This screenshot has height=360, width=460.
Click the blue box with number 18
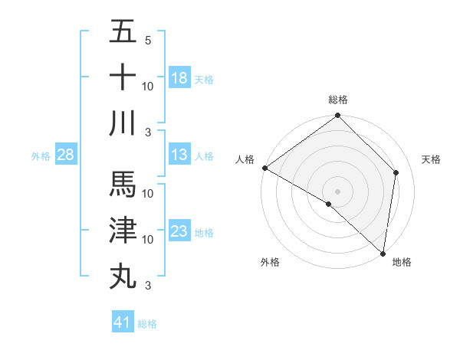[179, 77]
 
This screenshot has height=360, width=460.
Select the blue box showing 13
[179, 155]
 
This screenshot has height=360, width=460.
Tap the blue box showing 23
[179, 231]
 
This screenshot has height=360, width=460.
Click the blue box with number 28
[65, 155]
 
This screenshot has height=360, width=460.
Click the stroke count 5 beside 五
[148, 40]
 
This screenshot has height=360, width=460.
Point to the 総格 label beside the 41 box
[147, 324]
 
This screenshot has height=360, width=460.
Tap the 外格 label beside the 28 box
[41, 156]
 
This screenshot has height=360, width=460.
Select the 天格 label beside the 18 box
[204, 79]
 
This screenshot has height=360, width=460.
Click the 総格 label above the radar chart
[338, 100]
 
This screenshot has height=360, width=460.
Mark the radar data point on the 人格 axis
[264, 168]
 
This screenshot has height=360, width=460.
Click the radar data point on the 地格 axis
[383, 253]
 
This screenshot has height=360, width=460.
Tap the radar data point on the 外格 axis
[329, 205]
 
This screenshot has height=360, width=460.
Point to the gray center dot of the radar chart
[337, 191]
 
